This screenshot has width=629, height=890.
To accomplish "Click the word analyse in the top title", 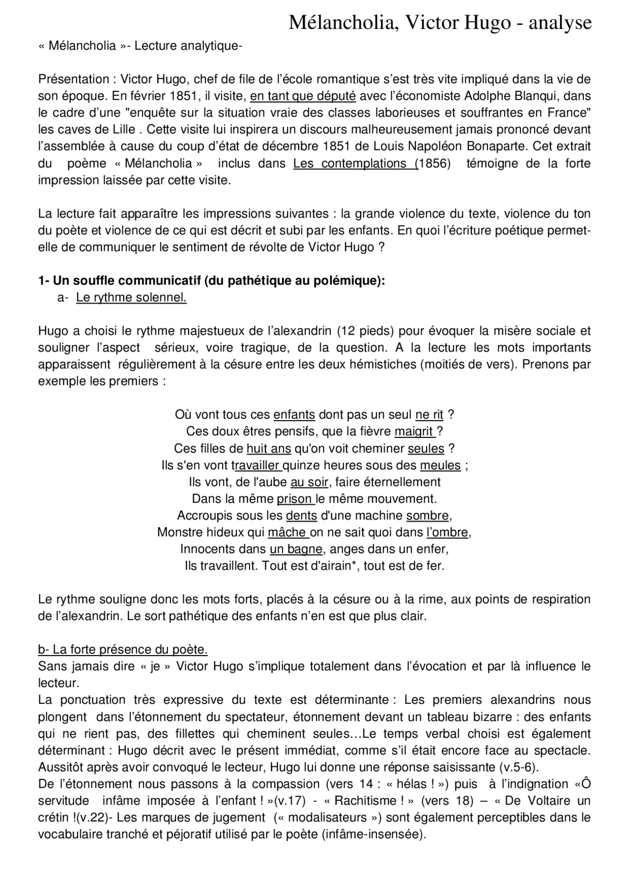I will pos(560,23).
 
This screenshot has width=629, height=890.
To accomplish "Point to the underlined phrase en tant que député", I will pos(303,96).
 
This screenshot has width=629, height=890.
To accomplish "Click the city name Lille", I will pos(124,130).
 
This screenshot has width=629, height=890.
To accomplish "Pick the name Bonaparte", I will pos(497,146).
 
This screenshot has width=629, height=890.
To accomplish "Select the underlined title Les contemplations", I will pos(355,163).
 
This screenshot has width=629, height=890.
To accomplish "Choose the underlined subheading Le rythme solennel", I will pos(131,297).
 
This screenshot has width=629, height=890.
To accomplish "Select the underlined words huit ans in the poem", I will pos(269,449).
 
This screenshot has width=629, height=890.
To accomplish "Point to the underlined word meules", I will pos(440,465).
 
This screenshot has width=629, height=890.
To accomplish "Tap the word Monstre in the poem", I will pos(178,532).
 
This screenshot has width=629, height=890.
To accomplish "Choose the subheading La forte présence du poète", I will pos(123,650).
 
